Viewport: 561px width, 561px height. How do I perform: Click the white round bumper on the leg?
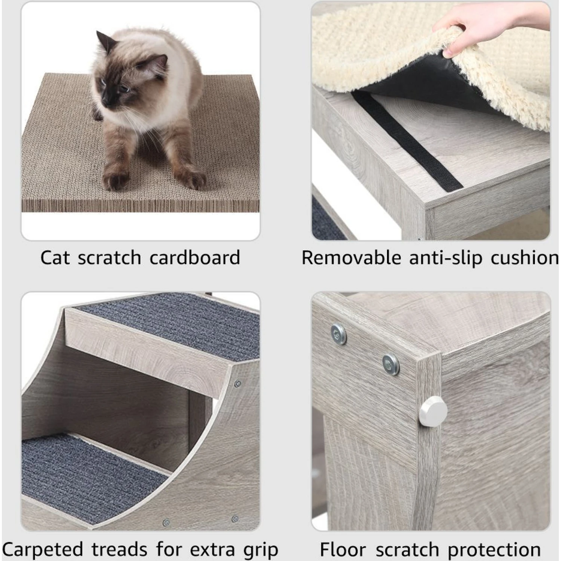click(x=433, y=411)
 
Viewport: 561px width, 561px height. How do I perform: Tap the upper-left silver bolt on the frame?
click(x=338, y=334)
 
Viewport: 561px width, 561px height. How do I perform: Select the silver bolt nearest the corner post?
click(x=391, y=363)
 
